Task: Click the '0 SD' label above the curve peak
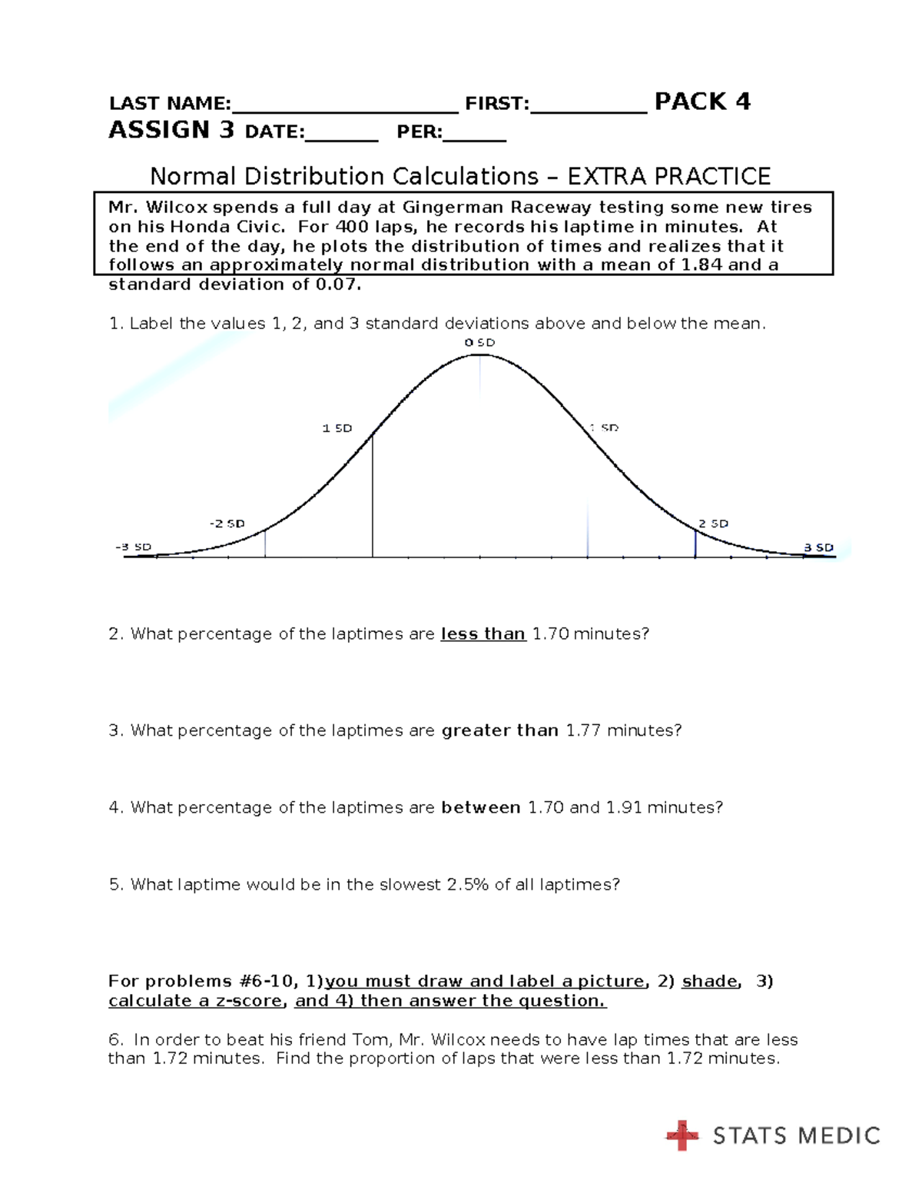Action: pos(479,342)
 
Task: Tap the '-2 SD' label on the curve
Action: pos(227,524)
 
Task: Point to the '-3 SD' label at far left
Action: pos(133,547)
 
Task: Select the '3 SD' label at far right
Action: pos(818,547)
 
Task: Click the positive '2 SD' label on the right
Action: pos(713,524)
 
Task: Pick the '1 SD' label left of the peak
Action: pos(337,428)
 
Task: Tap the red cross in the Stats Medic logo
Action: pos(682,1136)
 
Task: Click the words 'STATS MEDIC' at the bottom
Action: pos(796,1136)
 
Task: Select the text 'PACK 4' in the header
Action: pos(701,101)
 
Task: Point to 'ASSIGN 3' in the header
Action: pos(171,129)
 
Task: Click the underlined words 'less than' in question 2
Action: pos(483,634)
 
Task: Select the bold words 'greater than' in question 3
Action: pos(499,730)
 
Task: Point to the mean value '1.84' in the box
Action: pos(701,264)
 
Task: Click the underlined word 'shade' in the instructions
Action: pos(710,981)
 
